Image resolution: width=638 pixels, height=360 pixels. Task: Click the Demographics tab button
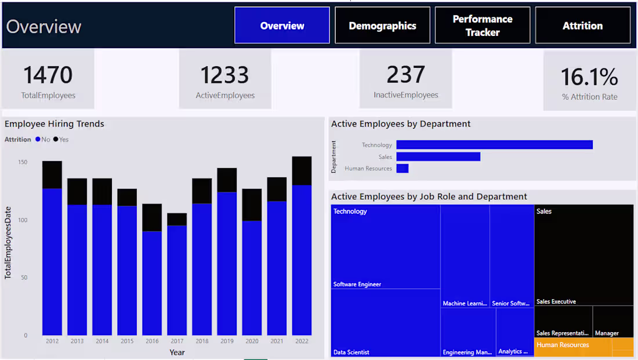point(382,26)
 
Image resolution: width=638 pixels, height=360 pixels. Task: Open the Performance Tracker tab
point(482,26)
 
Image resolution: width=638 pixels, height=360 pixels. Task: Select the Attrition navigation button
point(582,26)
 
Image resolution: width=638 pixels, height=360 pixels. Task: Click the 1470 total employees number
point(48,75)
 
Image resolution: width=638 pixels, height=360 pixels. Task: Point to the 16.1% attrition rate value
point(589,77)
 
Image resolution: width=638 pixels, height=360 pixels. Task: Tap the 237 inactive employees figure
point(405,75)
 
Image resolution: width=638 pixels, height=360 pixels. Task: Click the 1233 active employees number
point(224,75)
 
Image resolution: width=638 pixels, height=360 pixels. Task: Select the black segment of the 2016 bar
point(152,217)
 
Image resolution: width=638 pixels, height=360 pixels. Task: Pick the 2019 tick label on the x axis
point(227,341)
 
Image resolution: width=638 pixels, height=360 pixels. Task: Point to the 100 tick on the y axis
point(21,220)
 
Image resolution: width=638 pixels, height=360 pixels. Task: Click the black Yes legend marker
point(56,139)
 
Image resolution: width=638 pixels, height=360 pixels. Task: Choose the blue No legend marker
point(38,139)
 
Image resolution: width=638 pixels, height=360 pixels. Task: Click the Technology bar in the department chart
point(494,145)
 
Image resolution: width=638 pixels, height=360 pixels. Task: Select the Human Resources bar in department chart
point(402,169)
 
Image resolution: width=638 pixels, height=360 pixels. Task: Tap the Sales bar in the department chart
point(438,157)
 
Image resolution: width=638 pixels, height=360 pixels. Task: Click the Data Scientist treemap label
point(351,352)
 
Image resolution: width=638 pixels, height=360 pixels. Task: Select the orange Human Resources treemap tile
point(583,347)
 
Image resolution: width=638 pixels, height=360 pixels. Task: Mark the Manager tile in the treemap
point(612,322)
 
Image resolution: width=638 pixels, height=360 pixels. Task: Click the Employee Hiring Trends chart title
point(55,123)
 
